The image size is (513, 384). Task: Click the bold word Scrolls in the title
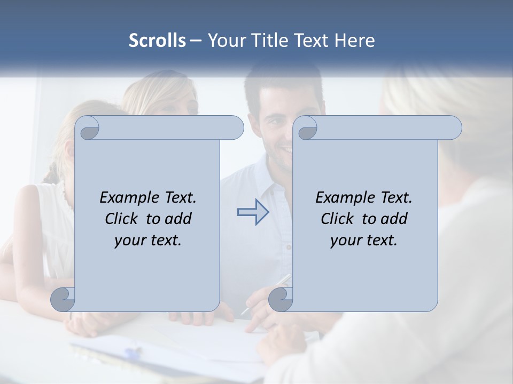[x=157, y=41]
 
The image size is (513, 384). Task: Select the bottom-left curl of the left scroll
[x=63, y=300]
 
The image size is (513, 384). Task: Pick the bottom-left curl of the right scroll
[x=281, y=300]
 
